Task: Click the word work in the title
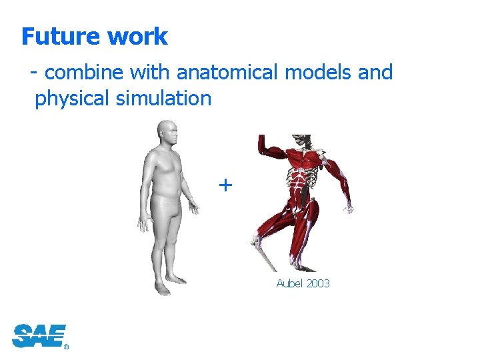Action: pyautogui.click(x=142, y=37)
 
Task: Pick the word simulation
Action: pyautogui.click(x=163, y=99)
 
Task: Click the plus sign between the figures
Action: pyautogui.click(x=226, y=185)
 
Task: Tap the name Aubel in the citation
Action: pyautogui.click(x=290, y=284)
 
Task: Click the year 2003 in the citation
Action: pyautogui.click(x=318, y=284)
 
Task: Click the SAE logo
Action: pyautogui.click(x=39, y=336)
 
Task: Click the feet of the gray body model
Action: pyautogui.click(x=167, y=283)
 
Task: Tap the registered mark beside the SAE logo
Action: pyautogui.click(x=66, y=347)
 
